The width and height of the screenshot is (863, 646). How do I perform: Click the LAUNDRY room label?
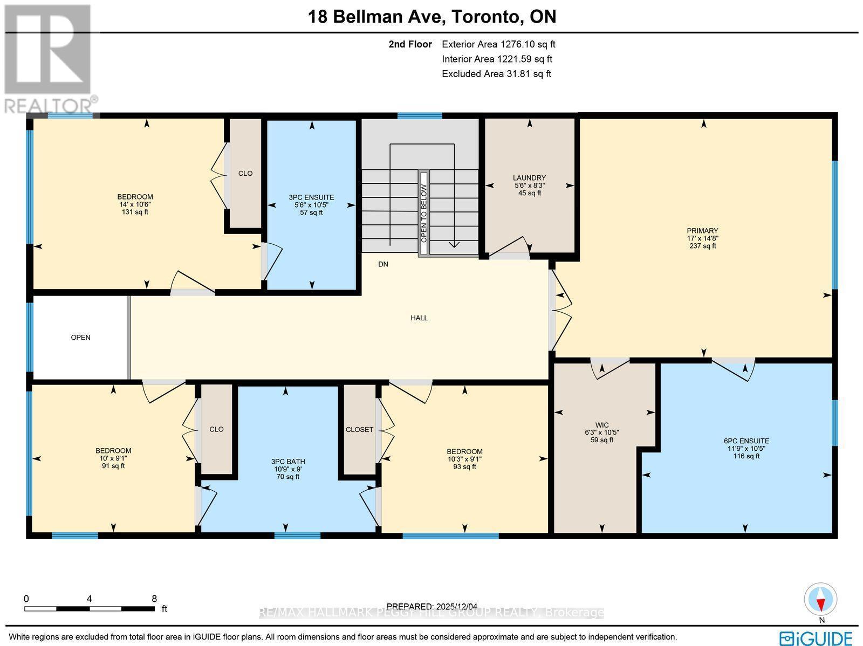coord(529,178)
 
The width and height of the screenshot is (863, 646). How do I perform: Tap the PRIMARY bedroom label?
coord(703,231)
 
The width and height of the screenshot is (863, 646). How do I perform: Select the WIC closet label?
coord(602,425)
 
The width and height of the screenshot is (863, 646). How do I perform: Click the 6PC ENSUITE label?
coord(746,441)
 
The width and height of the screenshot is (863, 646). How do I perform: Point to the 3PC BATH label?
coord(288,462)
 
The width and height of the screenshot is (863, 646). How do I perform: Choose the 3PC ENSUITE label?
coord(311,197)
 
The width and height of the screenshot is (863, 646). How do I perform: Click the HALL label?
coord(419,318)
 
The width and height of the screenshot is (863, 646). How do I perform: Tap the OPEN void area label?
coord(80,338)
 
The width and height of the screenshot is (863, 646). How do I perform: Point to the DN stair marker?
coord(383,264)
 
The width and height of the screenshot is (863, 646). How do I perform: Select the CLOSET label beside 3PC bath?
coord(359,430)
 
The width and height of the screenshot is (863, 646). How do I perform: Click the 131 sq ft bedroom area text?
coord(135,212)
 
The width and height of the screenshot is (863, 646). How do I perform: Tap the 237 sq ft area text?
coord(703,246)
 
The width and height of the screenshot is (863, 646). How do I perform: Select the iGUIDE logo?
coord(816,637)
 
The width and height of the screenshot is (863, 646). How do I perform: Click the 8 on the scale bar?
coord(154,599)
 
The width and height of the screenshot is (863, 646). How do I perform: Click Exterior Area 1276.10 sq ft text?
coord(498,45)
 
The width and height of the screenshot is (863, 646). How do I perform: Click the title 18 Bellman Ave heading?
coord(432,17)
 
